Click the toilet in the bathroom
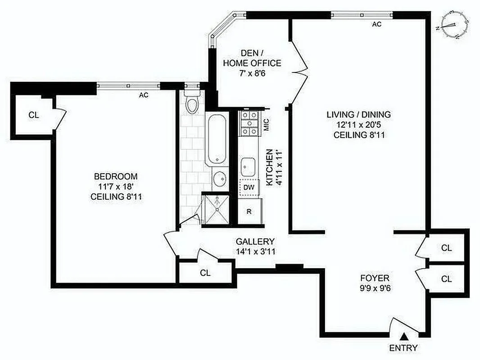point(193,104)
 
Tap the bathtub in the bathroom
point(217,139)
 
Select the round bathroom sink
point(220,179)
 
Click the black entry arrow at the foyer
point(405,336)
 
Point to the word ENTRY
point(403,348)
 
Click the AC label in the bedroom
point(144,95)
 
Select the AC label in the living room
point(377,24)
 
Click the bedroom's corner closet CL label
point(34,115)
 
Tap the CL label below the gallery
point(205,273)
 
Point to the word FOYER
point(375,278)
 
